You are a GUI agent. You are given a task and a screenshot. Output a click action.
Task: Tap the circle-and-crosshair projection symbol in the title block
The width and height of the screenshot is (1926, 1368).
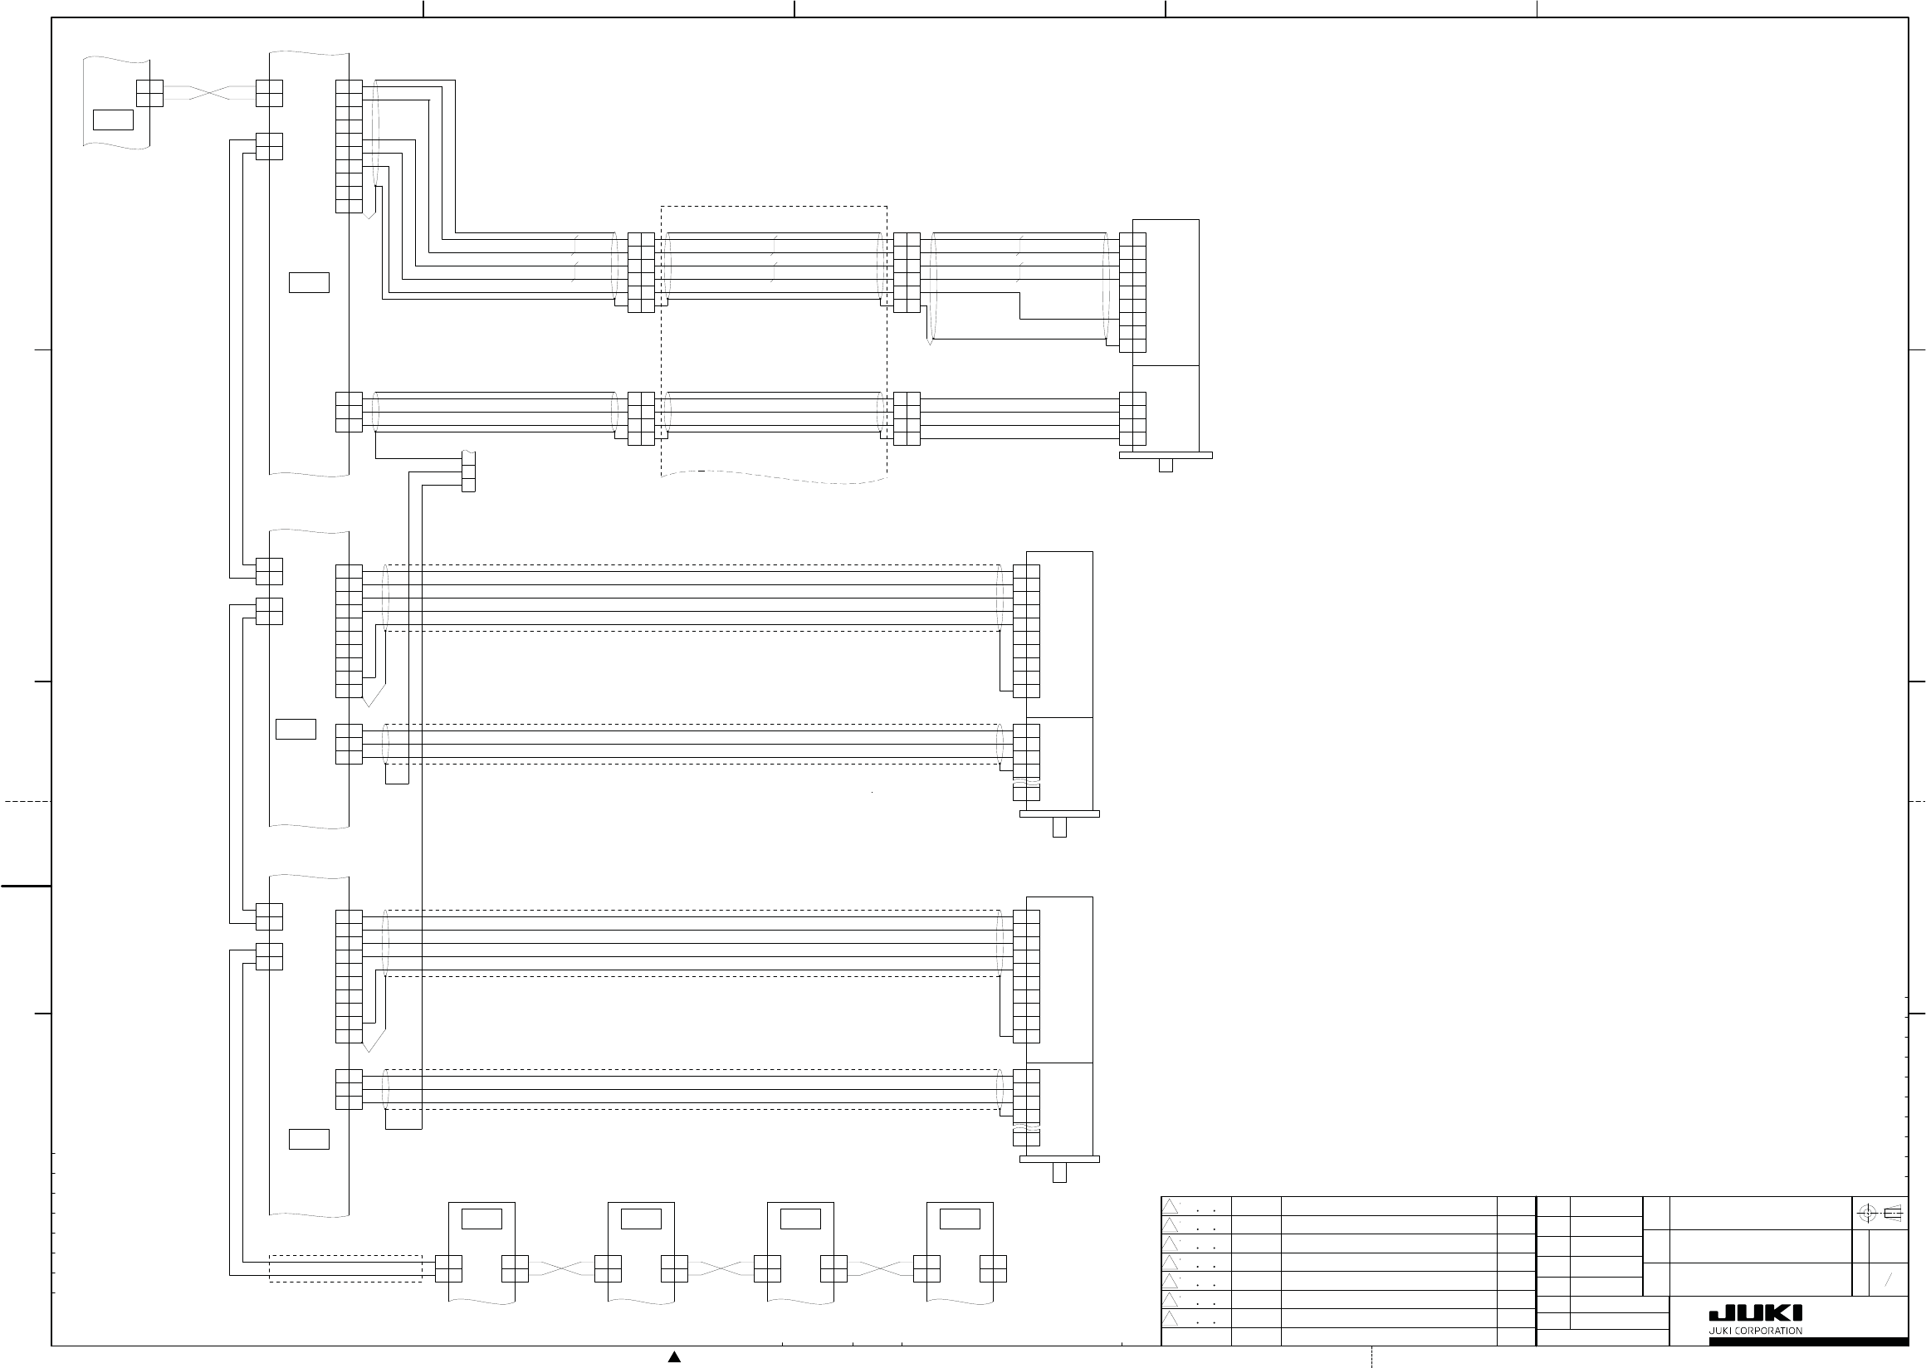click(1866, 1214)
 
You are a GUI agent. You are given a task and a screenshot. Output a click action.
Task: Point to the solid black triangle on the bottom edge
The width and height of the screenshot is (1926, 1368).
click(674, 1356)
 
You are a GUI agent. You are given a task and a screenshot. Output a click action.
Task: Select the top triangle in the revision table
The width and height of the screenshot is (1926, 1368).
click(1171, 1205)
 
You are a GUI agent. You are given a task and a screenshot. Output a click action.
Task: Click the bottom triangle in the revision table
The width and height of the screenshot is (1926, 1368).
click(1171, 1318)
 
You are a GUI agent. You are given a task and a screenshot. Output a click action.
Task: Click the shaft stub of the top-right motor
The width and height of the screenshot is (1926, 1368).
click(1166, 465)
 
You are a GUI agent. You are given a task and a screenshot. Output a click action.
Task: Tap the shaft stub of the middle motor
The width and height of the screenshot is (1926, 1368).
click(1059, 828)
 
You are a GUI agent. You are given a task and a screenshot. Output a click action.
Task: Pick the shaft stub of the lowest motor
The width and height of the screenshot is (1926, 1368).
click(1059, 1172)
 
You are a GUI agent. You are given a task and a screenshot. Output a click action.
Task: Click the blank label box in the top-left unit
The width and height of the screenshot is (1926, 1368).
click(113, 120)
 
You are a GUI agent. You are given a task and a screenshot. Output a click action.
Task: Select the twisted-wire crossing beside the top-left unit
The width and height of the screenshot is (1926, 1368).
click(209, 93)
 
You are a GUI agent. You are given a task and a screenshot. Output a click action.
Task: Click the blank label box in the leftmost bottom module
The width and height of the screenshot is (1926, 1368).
click(481, 1219)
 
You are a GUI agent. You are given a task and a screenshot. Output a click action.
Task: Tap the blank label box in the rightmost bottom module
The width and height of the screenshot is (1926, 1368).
click(960, 1219)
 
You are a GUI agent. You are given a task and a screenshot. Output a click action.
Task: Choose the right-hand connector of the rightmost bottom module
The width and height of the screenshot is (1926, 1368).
click(994, 1268)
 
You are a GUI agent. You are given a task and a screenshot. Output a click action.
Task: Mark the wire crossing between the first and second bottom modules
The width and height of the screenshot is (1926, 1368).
click(561, 1268)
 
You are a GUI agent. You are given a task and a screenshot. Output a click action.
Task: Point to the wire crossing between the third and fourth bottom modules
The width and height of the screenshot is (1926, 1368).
click(881, 1268)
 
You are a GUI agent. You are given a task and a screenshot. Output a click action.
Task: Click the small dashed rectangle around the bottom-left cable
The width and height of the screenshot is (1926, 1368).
click(345, 1268)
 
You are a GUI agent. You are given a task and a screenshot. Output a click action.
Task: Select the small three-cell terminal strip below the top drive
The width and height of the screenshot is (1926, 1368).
click(468, 471)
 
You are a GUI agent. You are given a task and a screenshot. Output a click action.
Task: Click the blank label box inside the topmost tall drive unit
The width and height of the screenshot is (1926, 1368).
click(308, 282)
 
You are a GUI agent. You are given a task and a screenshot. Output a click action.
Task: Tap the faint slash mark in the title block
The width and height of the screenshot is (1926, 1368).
click(1888, 1279)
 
